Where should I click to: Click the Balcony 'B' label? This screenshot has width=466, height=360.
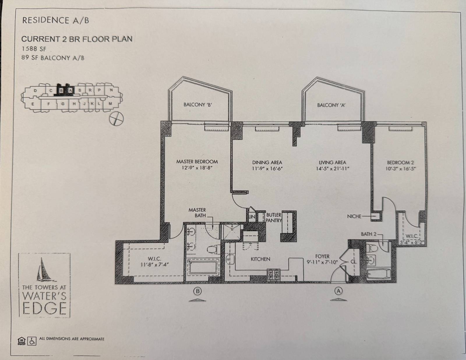[198, 105]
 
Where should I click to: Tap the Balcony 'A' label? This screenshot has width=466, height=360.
[331, 105]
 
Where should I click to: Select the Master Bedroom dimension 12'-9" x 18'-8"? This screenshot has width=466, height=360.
[197, 168]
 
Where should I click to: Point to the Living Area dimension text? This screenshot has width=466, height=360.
[332, 169]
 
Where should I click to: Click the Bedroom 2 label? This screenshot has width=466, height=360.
[400, 163]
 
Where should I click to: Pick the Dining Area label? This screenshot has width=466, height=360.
[267, 163]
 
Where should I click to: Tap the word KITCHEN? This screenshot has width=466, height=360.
[260, 259]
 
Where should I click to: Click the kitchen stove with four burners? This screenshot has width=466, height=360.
[274, 275]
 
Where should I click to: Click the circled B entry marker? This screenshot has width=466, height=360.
[197, 291]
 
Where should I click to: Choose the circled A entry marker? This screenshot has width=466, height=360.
[338, 291]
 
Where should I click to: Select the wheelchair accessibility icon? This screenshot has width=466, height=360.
[32, 341]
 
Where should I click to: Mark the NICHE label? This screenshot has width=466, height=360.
[354, 217]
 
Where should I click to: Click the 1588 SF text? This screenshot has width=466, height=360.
[34, 49]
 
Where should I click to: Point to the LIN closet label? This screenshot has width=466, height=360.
[252, 217]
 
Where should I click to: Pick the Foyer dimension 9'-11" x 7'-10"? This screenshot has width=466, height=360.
[322, 262]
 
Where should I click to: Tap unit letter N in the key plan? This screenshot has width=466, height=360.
[112, 90]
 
